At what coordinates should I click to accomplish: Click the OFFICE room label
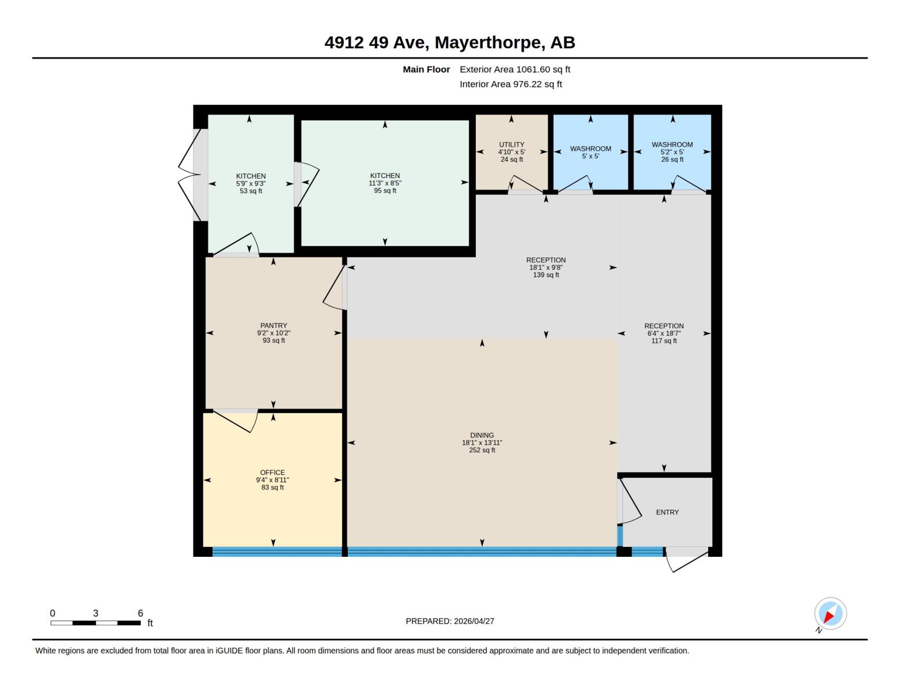(x=272, y=473)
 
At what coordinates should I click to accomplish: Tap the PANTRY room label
(x=274, y=326)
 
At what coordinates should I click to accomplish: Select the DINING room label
(x=482, y=435)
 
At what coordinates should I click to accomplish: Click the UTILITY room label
(x=511, y=145)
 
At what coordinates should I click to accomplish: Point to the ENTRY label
(x=667, y=512)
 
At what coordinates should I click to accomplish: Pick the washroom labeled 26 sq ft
(x=672, y=152)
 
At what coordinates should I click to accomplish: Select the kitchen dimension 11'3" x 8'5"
(x=385, y=183)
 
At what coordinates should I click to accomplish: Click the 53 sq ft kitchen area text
(x=251, y=191)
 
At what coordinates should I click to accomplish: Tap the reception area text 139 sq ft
(x=545, y=275)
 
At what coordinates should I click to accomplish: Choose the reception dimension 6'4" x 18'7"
(x=664, y=333)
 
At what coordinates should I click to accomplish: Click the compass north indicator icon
(x=830, y=614)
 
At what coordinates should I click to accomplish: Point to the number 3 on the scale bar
(x=96, y=613)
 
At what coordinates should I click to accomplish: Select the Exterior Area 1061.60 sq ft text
(x=515, y=70)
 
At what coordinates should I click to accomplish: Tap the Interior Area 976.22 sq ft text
(x=511, y=84)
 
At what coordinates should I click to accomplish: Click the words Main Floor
(x=426, y=70)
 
